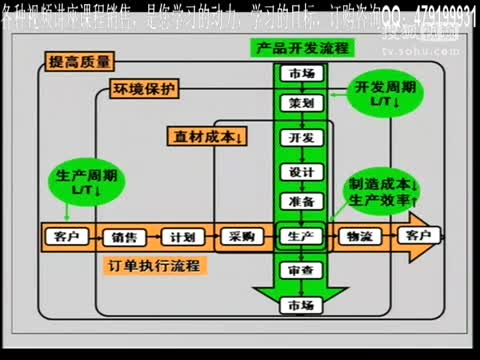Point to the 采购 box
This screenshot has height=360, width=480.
pyautogui.click(x=240, y=236)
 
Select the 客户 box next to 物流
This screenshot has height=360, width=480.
pyautogui.click(x=413, y=236)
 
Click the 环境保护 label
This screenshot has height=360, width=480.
pyautogui.click(x=143, y=88)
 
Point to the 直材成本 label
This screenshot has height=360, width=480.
pyautogui.click(x=210, y=134)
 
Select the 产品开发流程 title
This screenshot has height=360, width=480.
pyautogui.click(x=297, y=49)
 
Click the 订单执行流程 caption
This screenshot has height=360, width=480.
pyautogui.click(x=152, y=266)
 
